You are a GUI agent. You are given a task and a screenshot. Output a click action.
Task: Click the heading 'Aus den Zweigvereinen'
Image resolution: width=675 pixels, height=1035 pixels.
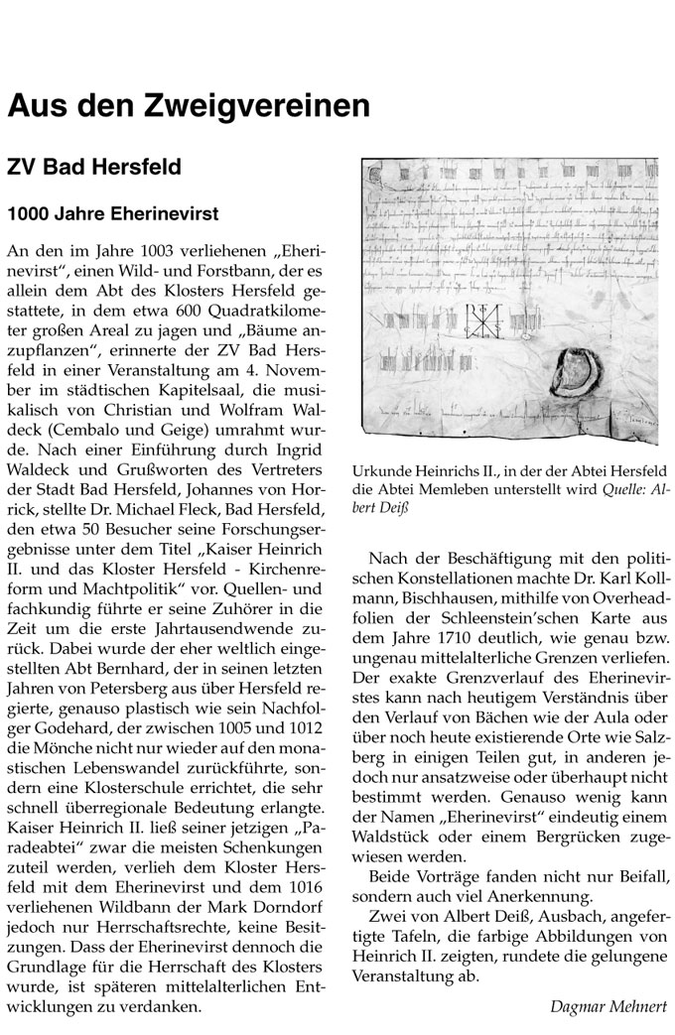pyautogui.click(x=189, y=103)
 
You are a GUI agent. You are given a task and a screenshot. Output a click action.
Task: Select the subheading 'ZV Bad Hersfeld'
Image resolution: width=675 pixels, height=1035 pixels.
pyautogui.click(x=94, y=167)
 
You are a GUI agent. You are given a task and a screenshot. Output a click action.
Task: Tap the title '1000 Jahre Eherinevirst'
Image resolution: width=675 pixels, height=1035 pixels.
pyautogui.click(x=113, y=212)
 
